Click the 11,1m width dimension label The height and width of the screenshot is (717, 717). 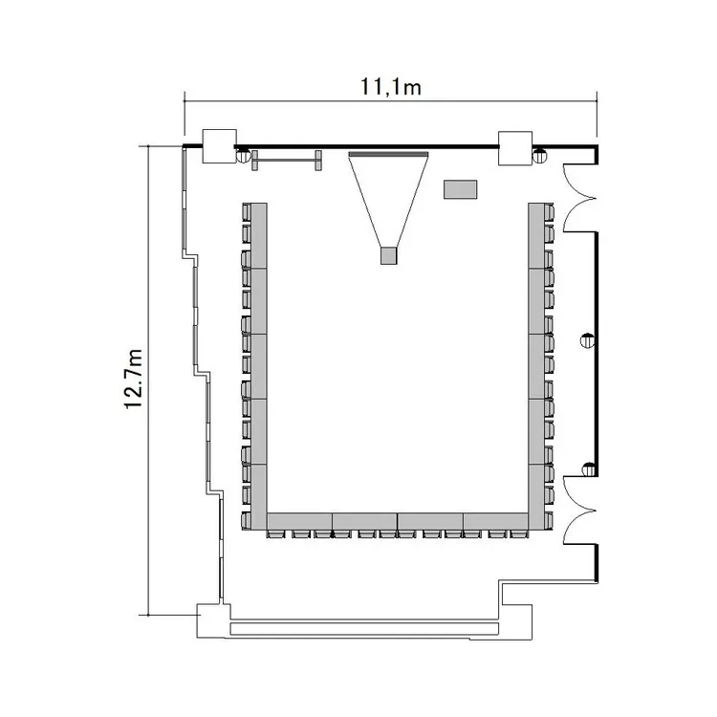pos(390,87)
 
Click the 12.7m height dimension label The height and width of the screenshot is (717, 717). pos(134,379)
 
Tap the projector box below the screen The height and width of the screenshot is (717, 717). pos(389,255)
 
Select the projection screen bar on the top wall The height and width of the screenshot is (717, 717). pos(389,155)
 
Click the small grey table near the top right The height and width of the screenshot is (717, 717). pos(461,189)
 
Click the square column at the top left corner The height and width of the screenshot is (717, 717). pos(220,146)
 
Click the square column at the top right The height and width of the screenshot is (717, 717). pos(515,148)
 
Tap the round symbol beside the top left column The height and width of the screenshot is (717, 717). pos(243,156)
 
